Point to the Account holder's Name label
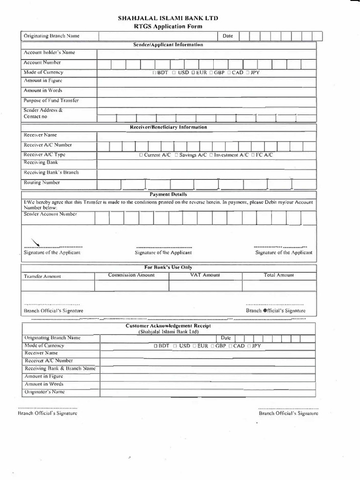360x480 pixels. tap(49, 53)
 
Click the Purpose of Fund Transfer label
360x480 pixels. tap(51, 101)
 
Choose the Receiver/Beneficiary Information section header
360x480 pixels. tap(168, 127)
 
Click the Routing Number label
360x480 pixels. tap(42, 183)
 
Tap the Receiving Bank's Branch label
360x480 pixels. tap(51, 172)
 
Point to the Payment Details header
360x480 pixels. tap(168, 194)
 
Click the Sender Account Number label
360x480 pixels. tap(50, 214)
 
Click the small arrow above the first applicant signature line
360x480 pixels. tap(35, 241)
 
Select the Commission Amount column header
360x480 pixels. tap(131, 275)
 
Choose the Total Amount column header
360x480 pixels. tap(278, 275)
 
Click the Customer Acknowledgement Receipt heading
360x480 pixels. tap(168, 326)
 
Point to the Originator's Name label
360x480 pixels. tap(44, 391)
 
